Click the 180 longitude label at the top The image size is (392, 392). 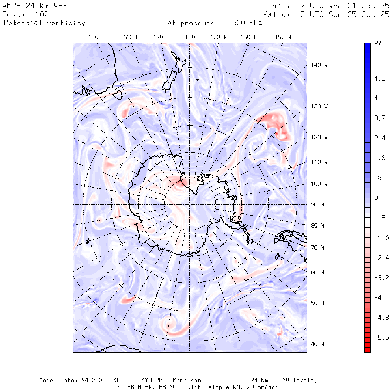(190, 37)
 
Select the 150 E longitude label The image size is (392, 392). (97, 37)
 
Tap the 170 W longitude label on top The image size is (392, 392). (219, 37)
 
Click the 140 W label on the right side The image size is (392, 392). (319, 65)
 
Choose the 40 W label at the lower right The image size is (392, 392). (318, 344)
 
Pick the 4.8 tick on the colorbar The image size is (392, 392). (380, 79)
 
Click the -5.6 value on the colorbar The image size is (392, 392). (381, 338)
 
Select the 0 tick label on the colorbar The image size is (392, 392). (376, 198)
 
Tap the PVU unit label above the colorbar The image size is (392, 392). (379, 44)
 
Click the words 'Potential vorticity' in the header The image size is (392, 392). (44, 23)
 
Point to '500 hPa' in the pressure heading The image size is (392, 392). (246, 23)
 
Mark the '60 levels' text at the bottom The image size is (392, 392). (298, 380)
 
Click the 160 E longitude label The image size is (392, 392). (131, 37)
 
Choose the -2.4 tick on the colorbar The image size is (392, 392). (381, 258)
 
